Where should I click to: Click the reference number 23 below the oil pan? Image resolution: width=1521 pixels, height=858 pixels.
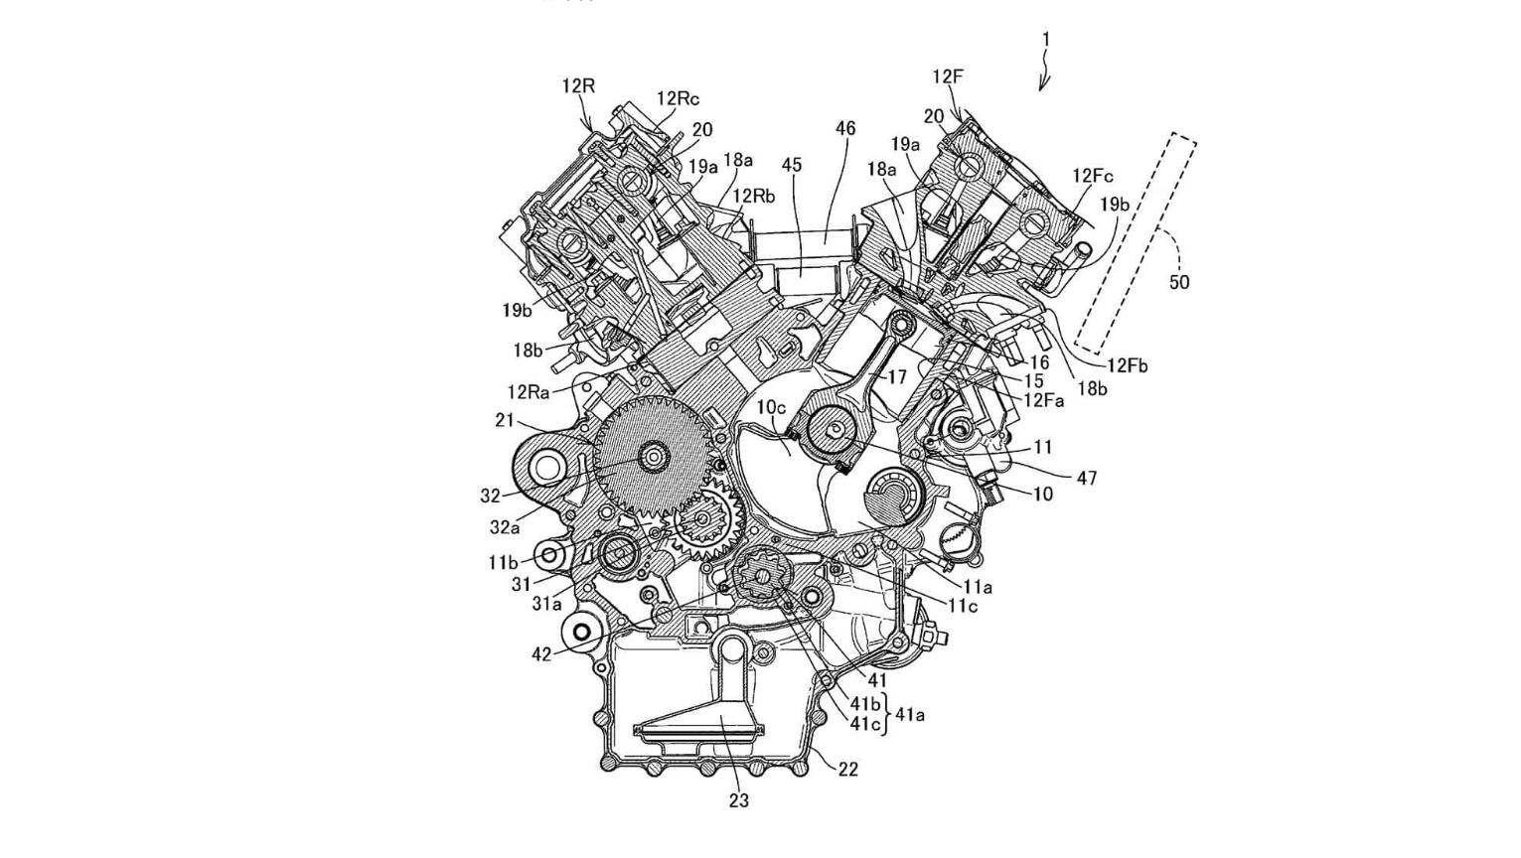(738, 800)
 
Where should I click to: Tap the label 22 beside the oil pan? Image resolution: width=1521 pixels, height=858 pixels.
(847, 769)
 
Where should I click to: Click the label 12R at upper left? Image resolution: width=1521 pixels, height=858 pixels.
(578, 86)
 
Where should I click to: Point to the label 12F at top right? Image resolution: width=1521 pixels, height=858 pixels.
(948, 76)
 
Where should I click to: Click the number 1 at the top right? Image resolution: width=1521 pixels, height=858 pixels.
(1045, 40)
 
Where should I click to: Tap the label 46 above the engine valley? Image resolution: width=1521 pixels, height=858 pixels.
(844, 129)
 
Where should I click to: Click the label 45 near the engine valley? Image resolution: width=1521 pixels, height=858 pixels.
(791, 165)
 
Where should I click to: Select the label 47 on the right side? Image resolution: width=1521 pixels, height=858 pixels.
(1087, 479)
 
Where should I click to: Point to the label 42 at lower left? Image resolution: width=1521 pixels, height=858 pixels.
(540, 655)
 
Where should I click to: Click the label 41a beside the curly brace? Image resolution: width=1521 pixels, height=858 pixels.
(910, 714)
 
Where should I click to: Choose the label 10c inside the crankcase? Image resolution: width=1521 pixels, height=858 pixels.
(771, 407)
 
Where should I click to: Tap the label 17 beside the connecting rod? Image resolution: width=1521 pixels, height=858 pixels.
(897, 377)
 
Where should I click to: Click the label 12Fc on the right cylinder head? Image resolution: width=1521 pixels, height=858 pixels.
(1093, 177)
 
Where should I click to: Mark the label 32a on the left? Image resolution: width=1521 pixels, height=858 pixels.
(505, 527)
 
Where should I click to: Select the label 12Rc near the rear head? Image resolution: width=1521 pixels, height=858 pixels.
(678, 98)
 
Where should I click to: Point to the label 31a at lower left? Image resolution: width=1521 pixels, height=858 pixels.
(546, 603)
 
